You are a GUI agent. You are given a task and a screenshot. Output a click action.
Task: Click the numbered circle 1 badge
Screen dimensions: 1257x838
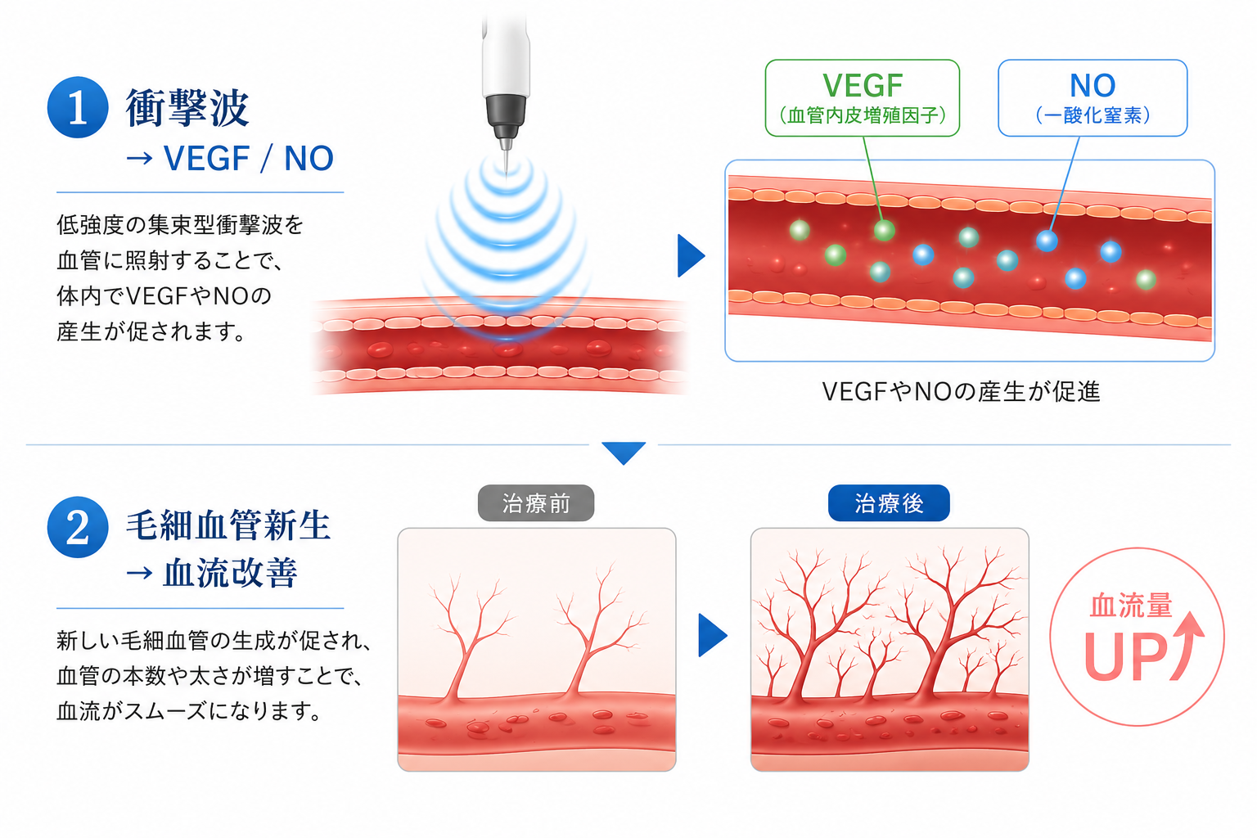point(78,106)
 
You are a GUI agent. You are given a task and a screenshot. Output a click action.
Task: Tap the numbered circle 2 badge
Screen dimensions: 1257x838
point(78,526)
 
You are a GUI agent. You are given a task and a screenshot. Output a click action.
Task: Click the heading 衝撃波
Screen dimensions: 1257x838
point(187,107)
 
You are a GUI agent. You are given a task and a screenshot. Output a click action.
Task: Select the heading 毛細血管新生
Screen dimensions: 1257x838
point(228,525)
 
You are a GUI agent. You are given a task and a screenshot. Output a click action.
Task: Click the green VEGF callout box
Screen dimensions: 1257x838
point(862,98)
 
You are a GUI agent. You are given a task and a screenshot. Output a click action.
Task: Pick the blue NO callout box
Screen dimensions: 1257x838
point(1092,98)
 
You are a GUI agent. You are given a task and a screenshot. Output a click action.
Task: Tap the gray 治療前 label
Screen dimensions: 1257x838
point(536,503)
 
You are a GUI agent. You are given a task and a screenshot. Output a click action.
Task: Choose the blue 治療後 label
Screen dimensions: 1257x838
point(889,503)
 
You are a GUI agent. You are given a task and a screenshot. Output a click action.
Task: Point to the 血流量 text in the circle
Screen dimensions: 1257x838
point(1131,606)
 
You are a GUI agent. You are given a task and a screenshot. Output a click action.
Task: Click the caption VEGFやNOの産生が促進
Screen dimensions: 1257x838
point(961,391)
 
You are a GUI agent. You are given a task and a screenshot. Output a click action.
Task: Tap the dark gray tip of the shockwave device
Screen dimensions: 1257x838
point(506,119)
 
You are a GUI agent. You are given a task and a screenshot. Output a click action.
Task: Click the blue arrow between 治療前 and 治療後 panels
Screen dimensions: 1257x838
point(712,635)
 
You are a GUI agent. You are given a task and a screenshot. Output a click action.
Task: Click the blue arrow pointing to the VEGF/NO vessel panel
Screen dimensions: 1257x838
point(691,255)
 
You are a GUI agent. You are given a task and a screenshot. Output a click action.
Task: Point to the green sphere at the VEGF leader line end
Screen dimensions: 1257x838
point(884,230)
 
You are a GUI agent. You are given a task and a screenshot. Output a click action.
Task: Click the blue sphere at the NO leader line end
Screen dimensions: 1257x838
point(1047,241)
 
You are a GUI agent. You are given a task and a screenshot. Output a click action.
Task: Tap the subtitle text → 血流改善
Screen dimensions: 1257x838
point(212,573)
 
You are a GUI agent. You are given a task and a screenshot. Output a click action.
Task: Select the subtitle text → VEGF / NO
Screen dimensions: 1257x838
point(229,158)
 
